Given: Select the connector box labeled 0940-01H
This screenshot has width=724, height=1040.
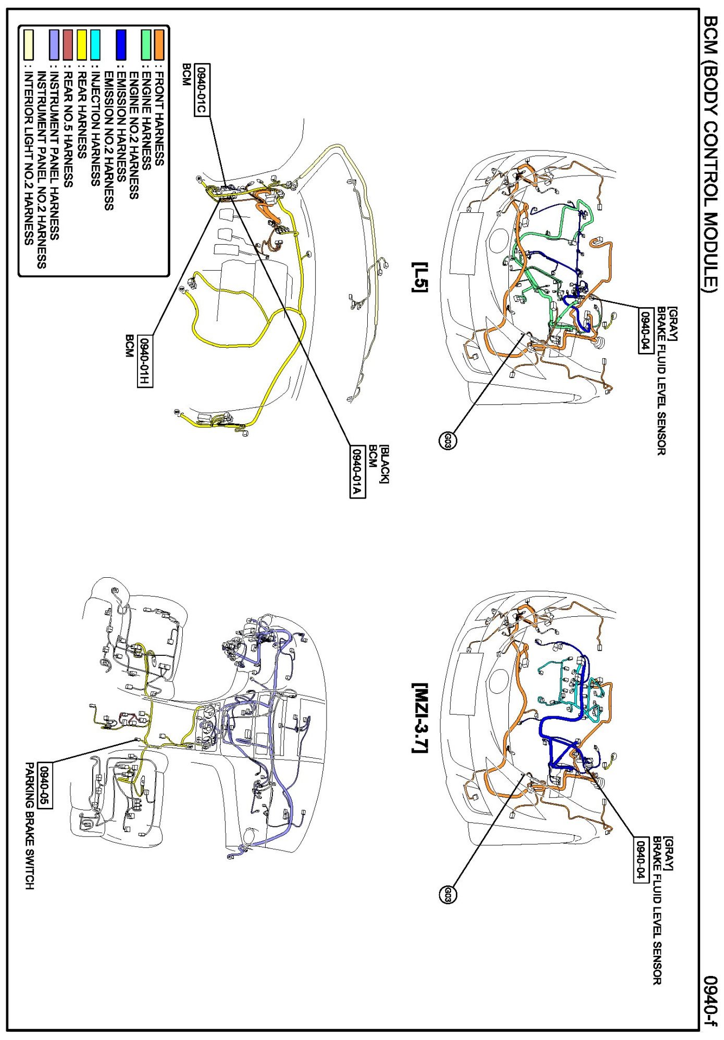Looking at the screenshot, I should (x=145, y=361).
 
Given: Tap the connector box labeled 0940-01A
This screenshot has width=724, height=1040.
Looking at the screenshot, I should (x=357, y=472).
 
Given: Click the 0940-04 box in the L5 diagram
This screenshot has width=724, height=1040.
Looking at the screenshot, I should (x=646, y=331).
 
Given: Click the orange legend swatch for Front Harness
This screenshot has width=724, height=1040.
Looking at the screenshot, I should (x=159, y=45).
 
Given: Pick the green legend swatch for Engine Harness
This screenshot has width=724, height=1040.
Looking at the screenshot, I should (x=146, y=45).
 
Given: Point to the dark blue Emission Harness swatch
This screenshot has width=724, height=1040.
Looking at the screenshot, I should (x=121, y=45).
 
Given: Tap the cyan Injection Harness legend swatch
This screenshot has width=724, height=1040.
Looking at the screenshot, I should (x=95, y=45).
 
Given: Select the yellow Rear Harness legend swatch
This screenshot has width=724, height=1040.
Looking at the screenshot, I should (x=82, y=45).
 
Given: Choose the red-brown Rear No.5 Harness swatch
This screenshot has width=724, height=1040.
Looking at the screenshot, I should (x=68, y=45).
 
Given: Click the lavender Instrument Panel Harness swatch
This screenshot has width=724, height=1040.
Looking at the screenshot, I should (x=54, y=45).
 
